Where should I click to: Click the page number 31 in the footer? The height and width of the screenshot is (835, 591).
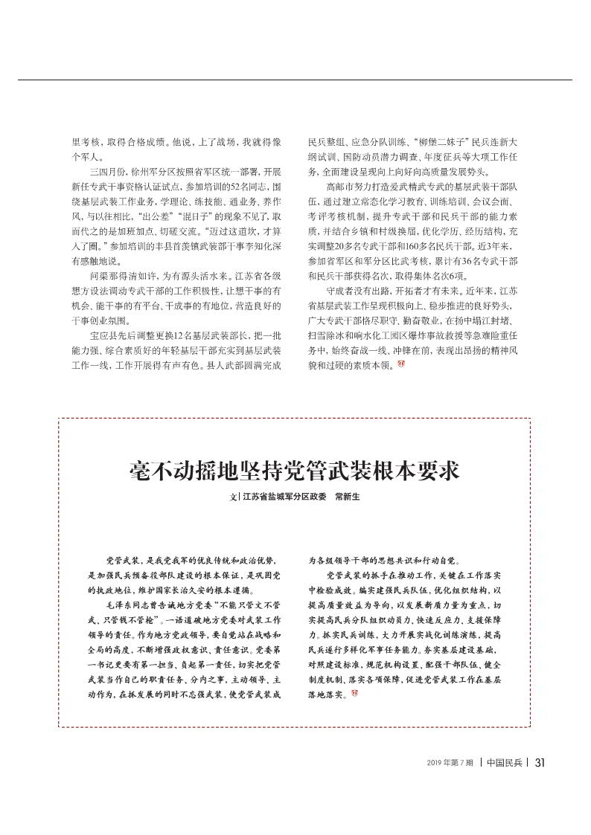click(541, 761)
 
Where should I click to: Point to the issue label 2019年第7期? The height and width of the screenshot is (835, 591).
click(451, 762)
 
